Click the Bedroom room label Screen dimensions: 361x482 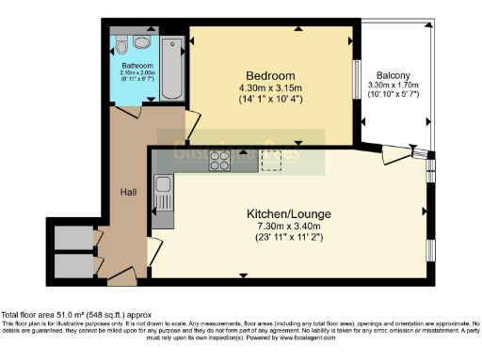(271, 75)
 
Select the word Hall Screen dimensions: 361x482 (128, 192)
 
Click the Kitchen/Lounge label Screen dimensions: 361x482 (289, 214)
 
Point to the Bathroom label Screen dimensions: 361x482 (137, 65)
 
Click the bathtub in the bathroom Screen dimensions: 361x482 (175, 71)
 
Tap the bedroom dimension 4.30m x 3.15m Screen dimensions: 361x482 (271, 89)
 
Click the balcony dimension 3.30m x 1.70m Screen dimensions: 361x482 (395, 88)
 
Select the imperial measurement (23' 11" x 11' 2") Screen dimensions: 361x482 (289, 240)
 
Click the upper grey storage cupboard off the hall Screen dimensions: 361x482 (72, 238)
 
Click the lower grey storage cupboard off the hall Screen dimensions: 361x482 (72, 266)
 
